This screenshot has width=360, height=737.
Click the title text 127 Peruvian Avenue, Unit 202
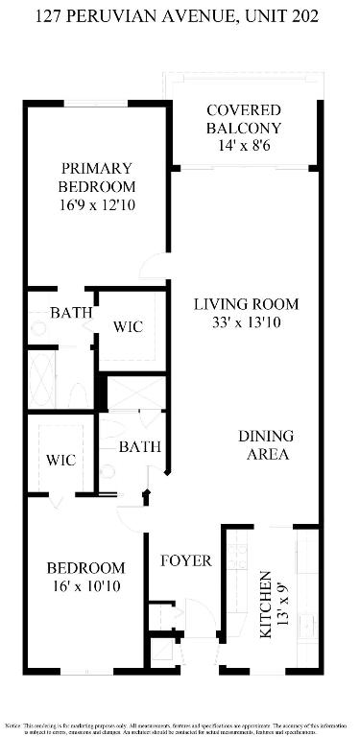coord(180,16)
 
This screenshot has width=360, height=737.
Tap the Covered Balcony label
coord(243,119)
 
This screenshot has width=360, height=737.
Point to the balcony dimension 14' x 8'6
coord(243,146)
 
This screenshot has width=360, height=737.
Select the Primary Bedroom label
coord(96,178)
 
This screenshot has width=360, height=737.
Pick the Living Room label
coord(246,304)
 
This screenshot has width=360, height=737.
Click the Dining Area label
coord(264,445)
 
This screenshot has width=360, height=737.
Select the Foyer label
coord(185,560)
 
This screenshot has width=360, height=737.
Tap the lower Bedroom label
coord(86,567)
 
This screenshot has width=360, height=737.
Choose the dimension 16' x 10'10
coord(86,586)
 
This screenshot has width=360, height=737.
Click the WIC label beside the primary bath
coord(128,327)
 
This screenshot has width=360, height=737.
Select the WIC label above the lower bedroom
coord(60,460)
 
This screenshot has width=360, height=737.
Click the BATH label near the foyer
coord(139,446)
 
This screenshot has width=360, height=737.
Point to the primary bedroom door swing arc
coord(152,267)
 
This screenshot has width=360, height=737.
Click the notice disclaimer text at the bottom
coord(180,725)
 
